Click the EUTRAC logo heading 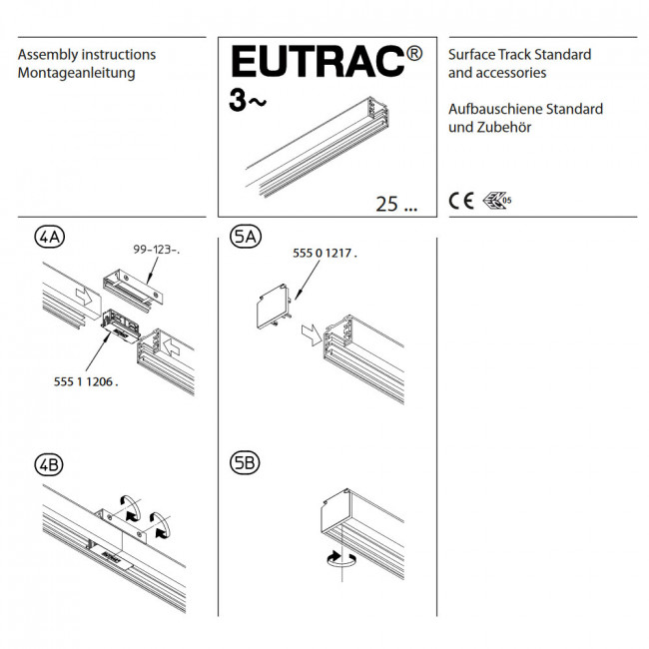318,61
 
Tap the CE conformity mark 461,201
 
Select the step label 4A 50,238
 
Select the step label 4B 49,464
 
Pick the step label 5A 246,238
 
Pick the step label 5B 245,462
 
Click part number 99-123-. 157,250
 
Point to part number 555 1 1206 86,381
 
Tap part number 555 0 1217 324,253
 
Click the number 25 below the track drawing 386,204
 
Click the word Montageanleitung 77,73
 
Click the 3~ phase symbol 248,101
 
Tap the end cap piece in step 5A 274,307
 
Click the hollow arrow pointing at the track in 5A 312,334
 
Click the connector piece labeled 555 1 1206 121,326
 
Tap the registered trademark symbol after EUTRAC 414,53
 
